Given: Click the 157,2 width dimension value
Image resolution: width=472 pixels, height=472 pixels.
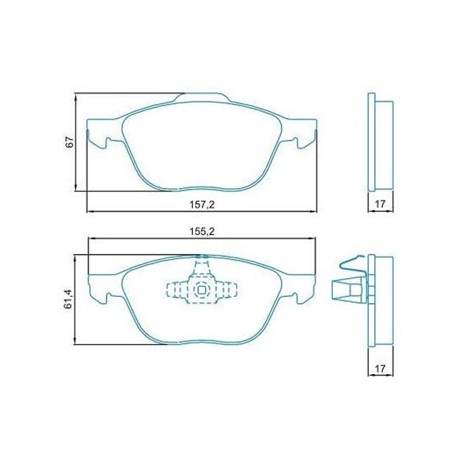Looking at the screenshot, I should [x=202, y=204].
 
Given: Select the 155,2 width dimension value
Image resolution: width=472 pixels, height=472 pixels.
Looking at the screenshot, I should [x=202, y=232].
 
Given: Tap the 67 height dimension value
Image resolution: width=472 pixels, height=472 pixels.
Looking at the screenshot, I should [x=70, y=142].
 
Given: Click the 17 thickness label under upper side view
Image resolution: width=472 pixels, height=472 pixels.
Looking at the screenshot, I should [x=380, y=204].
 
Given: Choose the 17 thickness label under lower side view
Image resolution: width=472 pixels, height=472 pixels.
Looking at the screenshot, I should [x=380, y=369].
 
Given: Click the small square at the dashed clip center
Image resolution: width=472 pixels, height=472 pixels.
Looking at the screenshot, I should [x=202, y=290].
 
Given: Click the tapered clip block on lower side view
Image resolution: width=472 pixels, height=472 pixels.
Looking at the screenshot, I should [x=346, y=291].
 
